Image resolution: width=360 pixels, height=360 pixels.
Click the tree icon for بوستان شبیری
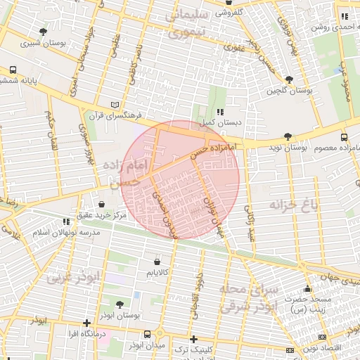click(x=44, y=32)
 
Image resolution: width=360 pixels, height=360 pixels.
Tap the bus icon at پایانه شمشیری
click(x=13, y=70)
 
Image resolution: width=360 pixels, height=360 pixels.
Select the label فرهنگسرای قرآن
click(x=120, y=115)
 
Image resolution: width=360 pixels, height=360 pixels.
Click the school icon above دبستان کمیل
click(x=220, y=112)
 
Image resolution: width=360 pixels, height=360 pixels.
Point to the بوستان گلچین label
click(x=288, y=91)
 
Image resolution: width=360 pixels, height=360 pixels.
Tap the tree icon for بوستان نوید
click(x=288, y=136)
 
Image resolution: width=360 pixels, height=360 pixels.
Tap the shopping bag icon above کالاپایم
click(x=155, y=260)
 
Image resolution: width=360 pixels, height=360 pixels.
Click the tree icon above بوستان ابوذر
click(x=119, y=304)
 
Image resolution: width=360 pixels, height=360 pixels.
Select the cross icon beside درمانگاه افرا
click(x=86, y=323)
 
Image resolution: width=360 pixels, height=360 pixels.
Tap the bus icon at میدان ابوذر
click(x=147, y=334)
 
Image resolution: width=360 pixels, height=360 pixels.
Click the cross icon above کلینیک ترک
click(x=193, y=339)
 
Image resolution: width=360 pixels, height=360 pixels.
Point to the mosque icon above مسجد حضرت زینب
click(x=307, y=288)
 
